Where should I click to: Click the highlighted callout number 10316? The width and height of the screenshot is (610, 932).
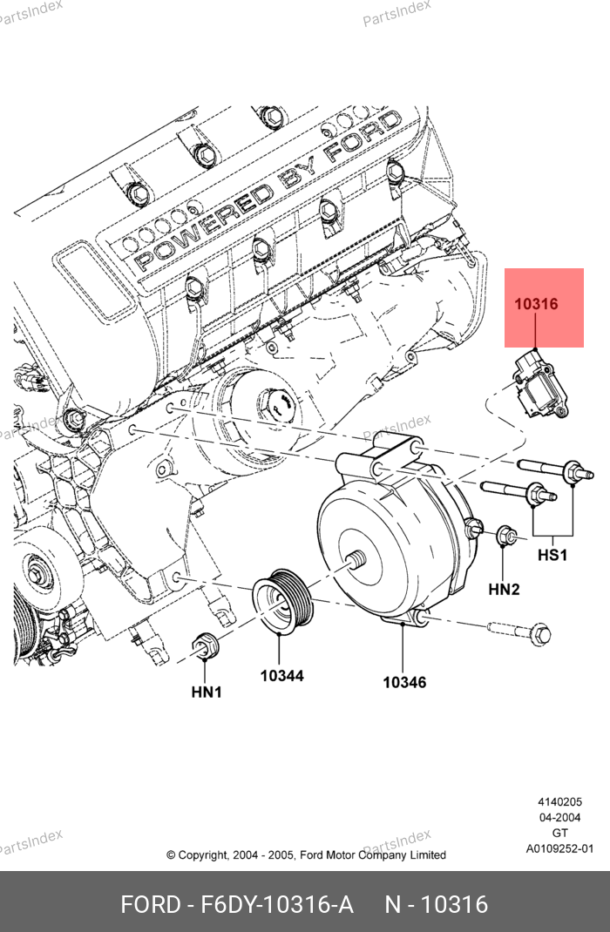[535, 305]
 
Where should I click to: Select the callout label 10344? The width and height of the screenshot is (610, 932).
[281, 675]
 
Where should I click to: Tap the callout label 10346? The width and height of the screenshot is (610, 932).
[404, 682]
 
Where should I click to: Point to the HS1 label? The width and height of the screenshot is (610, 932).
[552, 555]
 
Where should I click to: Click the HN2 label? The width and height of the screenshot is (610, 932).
[504, 590]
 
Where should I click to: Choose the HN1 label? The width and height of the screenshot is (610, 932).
[207, 692]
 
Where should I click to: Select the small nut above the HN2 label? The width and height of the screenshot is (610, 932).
[505, 537]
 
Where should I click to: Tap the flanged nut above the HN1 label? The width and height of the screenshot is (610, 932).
[206, 646]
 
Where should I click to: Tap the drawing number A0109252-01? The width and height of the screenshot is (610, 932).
[559, 849]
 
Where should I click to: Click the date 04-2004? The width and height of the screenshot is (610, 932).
[559, 818]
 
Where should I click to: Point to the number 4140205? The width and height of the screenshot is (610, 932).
[559, 802]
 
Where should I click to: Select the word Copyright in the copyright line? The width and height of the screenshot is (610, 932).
[204, 855]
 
